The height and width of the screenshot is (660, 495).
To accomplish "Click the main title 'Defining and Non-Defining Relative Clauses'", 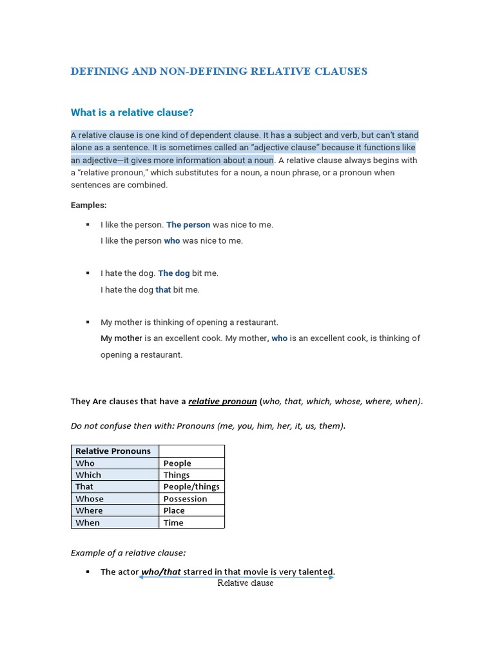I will [x=219, y=72].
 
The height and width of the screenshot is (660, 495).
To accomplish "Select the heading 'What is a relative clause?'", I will [x=132, y=113].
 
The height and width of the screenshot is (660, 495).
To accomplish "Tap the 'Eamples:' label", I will [x=89, y=205].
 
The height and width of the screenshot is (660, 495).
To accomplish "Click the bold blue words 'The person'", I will [x=188, y=225].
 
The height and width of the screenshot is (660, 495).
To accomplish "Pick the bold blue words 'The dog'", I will [x=174, y=273].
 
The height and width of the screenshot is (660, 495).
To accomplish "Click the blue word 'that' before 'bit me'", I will [x=163, y=290].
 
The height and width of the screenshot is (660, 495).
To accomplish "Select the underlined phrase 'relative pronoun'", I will [x=222, y=402].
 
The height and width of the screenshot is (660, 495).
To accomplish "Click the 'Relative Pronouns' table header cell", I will [x=113, y=451].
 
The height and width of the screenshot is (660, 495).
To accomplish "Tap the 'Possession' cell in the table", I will [x=186, y=499].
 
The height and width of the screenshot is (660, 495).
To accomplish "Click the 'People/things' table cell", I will [x=191, y=487].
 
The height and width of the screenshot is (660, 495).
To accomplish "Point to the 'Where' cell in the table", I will [x=89, y=510].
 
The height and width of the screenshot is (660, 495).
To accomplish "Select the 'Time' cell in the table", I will [x=173, y=523].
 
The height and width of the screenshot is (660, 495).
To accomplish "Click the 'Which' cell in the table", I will [x=88, y=475].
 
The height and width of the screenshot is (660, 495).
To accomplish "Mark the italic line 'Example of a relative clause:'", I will [x=128, y=553].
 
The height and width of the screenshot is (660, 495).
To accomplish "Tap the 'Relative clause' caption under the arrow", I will [x=245, y=583].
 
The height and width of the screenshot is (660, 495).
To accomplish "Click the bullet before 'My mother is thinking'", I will [x=88, y=322].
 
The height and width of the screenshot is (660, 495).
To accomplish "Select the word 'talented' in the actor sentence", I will [x=313, y=572].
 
